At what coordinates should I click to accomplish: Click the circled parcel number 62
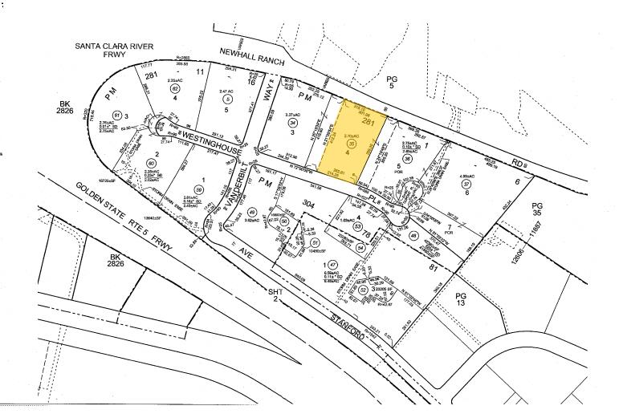point(174,90)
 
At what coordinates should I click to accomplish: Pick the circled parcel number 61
point(118,116)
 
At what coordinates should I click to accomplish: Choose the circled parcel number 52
point(364,290)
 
